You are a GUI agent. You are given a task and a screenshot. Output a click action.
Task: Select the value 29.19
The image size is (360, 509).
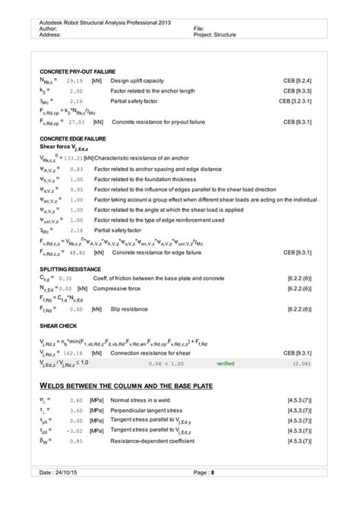[x=74, y=80]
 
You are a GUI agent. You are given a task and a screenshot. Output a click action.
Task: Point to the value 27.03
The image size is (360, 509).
[x=74, y=121]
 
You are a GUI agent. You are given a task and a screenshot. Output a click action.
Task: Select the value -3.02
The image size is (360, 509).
[x=73, y=431]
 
